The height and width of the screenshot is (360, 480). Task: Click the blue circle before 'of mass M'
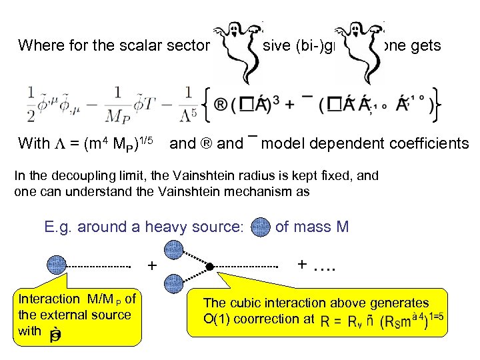(x=261, y=227)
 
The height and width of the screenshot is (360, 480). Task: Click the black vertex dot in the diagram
(x=209, y=267)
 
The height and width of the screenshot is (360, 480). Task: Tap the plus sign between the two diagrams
(x=152, y=267)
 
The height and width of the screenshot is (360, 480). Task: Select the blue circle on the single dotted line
(x=56, y=265)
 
